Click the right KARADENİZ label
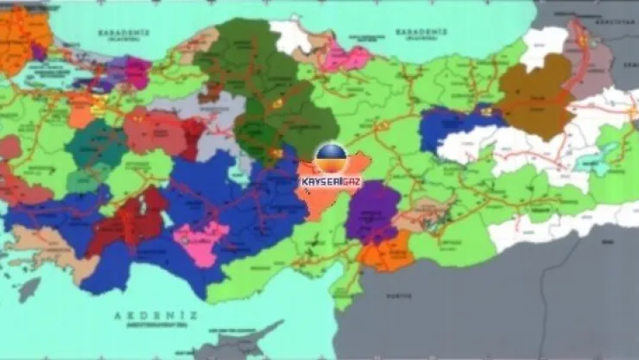(x=421, y=32)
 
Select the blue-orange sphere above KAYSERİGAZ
(x=331, y=159)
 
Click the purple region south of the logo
(x=373, y=211)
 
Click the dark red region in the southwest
(x=130, y=220)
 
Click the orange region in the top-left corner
(x=22, y=35)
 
